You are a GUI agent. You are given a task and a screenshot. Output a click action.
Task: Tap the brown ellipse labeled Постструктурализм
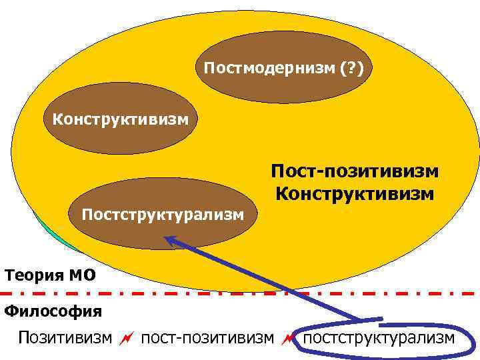tap(163, 213)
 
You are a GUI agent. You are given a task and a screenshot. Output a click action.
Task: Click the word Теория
tap(33, 275)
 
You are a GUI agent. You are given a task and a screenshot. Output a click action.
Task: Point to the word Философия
tap(53, 311)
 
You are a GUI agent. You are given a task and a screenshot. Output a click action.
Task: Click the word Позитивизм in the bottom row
tap(65, 338)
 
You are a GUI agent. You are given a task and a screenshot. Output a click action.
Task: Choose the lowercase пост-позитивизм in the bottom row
tap(208, 338)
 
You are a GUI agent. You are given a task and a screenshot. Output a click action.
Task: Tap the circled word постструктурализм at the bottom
tap(379, 338)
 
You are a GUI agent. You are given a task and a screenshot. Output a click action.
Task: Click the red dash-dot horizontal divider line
tap(240, 293)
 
